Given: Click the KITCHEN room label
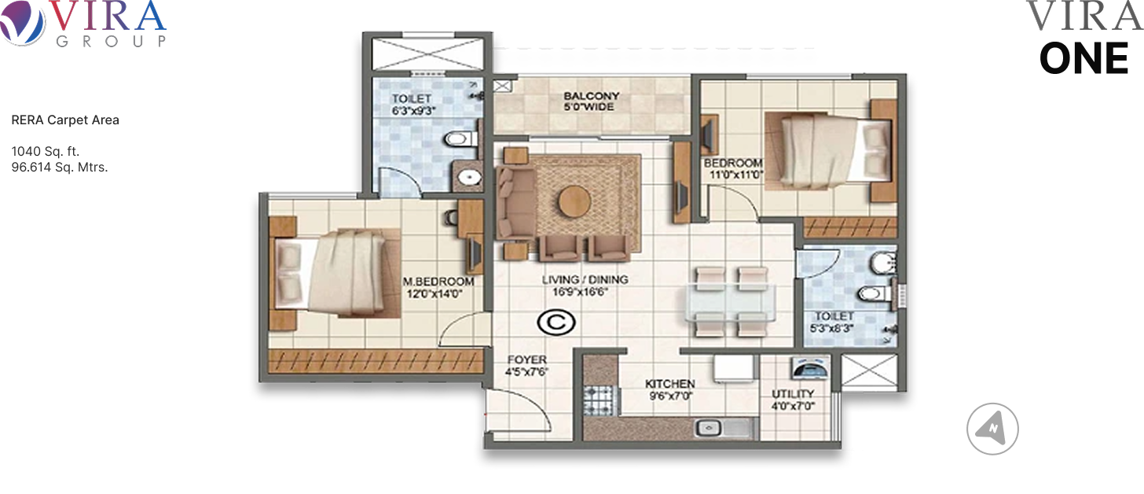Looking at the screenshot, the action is click(669, 384).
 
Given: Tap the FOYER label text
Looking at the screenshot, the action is click(527, 360).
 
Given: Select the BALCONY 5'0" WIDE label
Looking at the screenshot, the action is click(591, 101).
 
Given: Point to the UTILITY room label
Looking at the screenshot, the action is click(793, 394).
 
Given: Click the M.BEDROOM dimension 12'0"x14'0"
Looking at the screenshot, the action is click(434, 294).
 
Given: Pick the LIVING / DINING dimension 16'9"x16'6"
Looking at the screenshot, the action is click(580, 292).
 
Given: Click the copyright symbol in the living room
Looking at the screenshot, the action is click(556, 323).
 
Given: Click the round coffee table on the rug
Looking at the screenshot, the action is click(574, 201).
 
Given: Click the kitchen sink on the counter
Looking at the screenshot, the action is click(709, 427).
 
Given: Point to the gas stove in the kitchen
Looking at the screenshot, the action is click(598, 400).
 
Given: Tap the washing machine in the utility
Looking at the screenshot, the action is click(809, 368).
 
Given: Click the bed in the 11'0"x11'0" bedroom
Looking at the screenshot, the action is click(830, 151).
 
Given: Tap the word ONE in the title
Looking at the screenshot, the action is click(1083, 59).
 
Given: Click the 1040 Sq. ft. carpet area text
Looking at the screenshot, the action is click(46, 151).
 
